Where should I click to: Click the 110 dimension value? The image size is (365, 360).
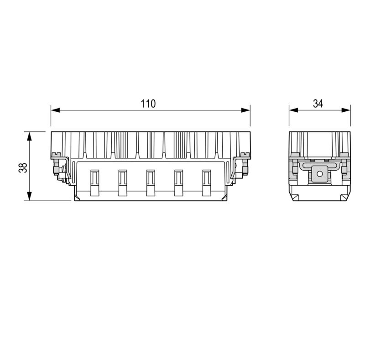pos(148,104)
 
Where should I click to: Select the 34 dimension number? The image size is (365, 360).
pos(318,104)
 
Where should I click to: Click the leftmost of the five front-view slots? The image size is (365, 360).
pos(95,183)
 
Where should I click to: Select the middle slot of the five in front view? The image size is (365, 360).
pos(151,183)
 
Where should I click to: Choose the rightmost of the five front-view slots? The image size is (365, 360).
pos(207,183)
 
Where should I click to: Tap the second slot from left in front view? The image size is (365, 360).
pos(122,183)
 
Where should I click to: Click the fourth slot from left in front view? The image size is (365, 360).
pos(178,183)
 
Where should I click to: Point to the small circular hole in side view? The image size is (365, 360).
pos(319,173)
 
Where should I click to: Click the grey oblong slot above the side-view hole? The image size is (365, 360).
pos(319,161)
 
